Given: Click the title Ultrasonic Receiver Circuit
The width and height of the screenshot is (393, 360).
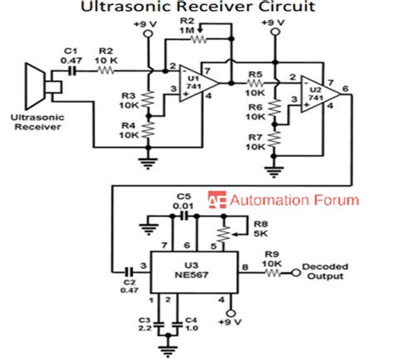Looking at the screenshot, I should point(196,9).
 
